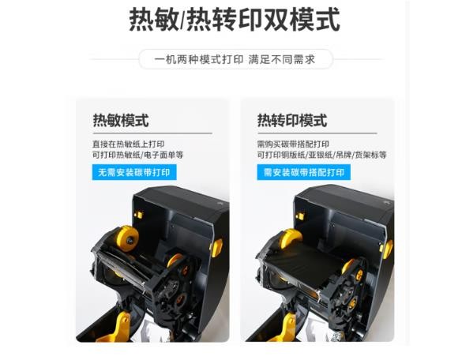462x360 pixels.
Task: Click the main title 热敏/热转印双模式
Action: click(x=235, y=20)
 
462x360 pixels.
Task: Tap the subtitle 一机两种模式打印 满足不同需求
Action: click(x=235, y=59)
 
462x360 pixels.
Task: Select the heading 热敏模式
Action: click(x=121, y=120)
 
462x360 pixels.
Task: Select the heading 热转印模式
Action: click(x=292, y=120)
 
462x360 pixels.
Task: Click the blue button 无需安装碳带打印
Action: click(x=134, y=172)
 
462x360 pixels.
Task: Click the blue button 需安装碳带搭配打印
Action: click(x=303, y=172)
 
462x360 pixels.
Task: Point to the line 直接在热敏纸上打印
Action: click(x=129, y=144)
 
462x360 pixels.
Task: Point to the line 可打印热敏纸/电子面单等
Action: click(x=138, y=155)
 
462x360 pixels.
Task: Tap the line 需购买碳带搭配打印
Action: click(x=293, y=144)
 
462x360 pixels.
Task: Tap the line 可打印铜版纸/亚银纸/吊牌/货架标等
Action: click(x=321, y=155)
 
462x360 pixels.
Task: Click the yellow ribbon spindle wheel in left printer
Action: click(x=128, y=238)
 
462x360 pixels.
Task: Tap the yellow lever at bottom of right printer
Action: click(x=285, y=327)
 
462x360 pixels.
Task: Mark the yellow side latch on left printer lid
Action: click(x=217, y=248)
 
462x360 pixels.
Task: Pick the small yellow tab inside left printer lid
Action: click(x=139, y=215)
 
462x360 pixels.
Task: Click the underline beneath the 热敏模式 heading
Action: click(x=152, y=133)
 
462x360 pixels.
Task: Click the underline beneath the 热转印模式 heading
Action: click(x=317, y=133)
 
